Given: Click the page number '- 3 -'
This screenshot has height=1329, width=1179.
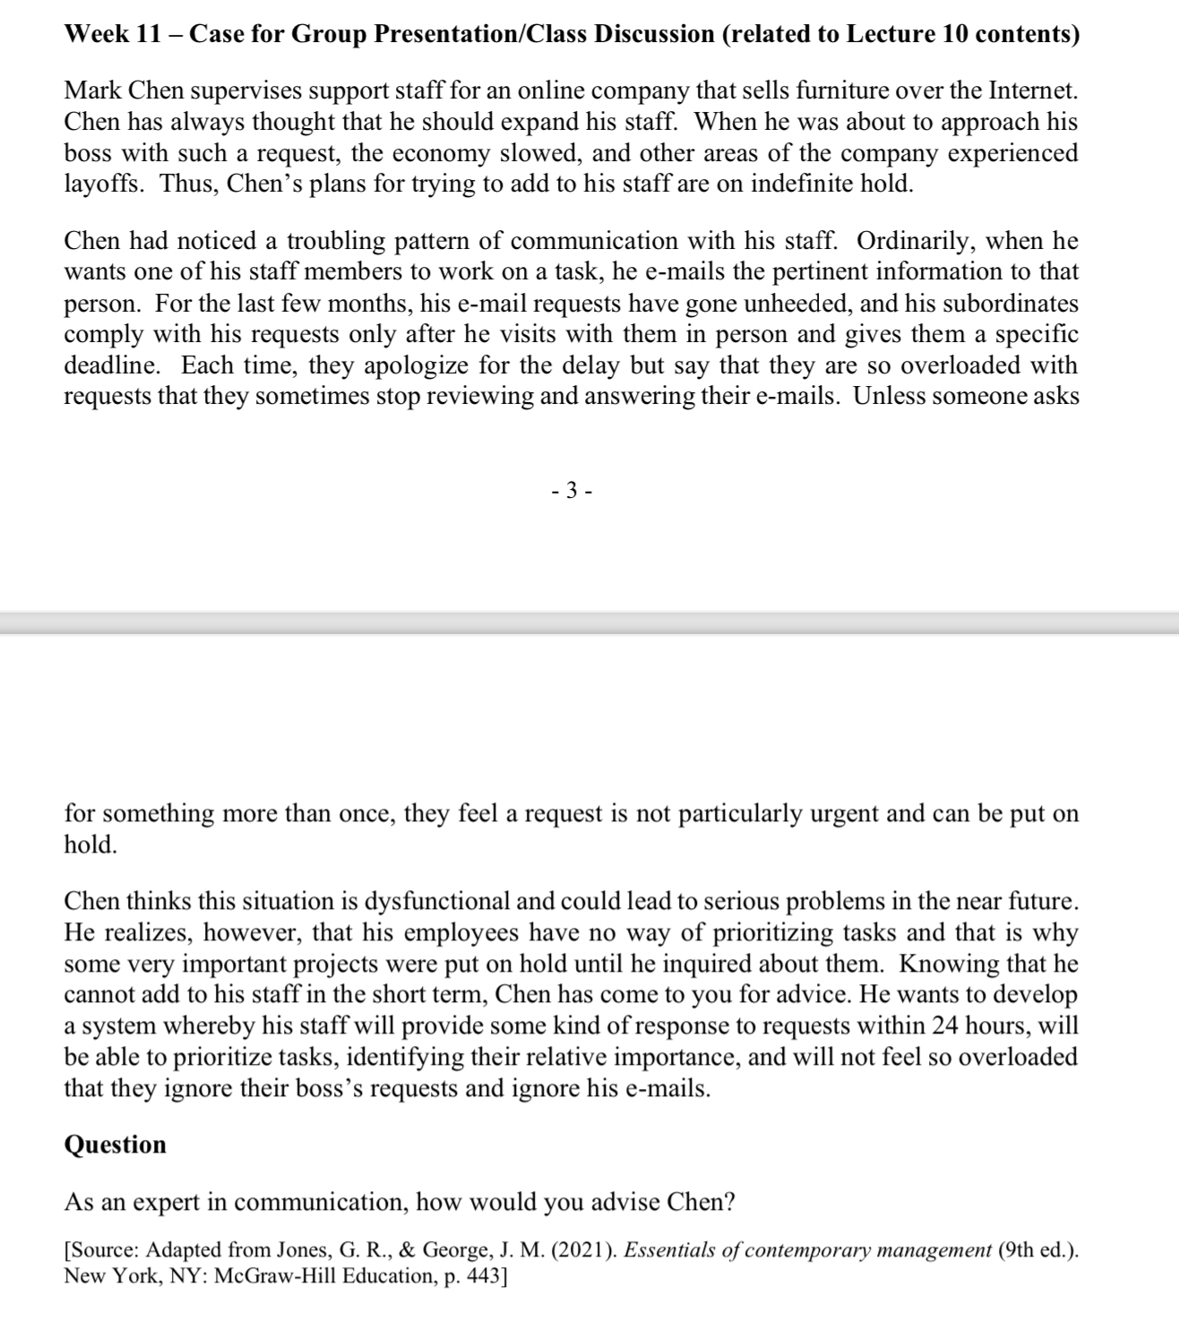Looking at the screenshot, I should [x=571, y=490].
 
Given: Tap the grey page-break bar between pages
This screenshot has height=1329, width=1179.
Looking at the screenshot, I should [x=589, y=622].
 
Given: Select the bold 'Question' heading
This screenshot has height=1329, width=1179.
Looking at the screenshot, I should [x=115, y=1145].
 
